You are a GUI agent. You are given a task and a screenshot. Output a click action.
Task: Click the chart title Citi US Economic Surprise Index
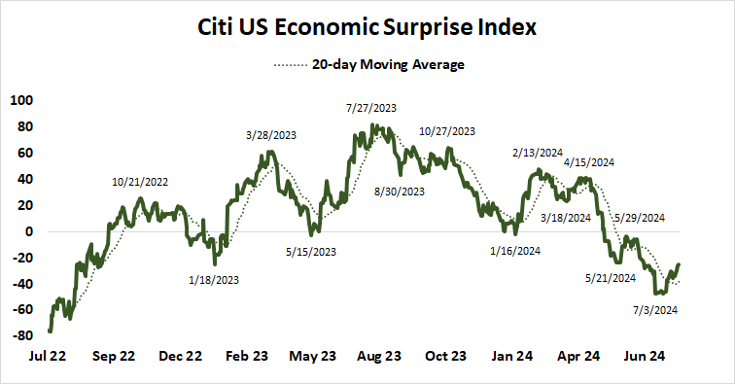[367, 29]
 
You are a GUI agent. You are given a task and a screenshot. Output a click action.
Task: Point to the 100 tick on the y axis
[21, 100]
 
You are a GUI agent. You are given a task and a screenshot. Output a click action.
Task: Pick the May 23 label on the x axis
[312, 356]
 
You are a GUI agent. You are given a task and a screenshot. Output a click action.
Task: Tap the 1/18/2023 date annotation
[212, 280]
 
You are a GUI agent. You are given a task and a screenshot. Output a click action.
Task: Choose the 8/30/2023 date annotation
[399, 192]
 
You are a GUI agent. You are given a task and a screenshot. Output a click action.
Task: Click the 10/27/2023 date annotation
[447, 130]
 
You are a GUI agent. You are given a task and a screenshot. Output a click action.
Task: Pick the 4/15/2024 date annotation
[589, 161]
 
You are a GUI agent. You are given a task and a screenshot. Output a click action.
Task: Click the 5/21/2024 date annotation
[610, 278]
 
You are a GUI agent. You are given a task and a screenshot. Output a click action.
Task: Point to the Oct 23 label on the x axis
[445, 356]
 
